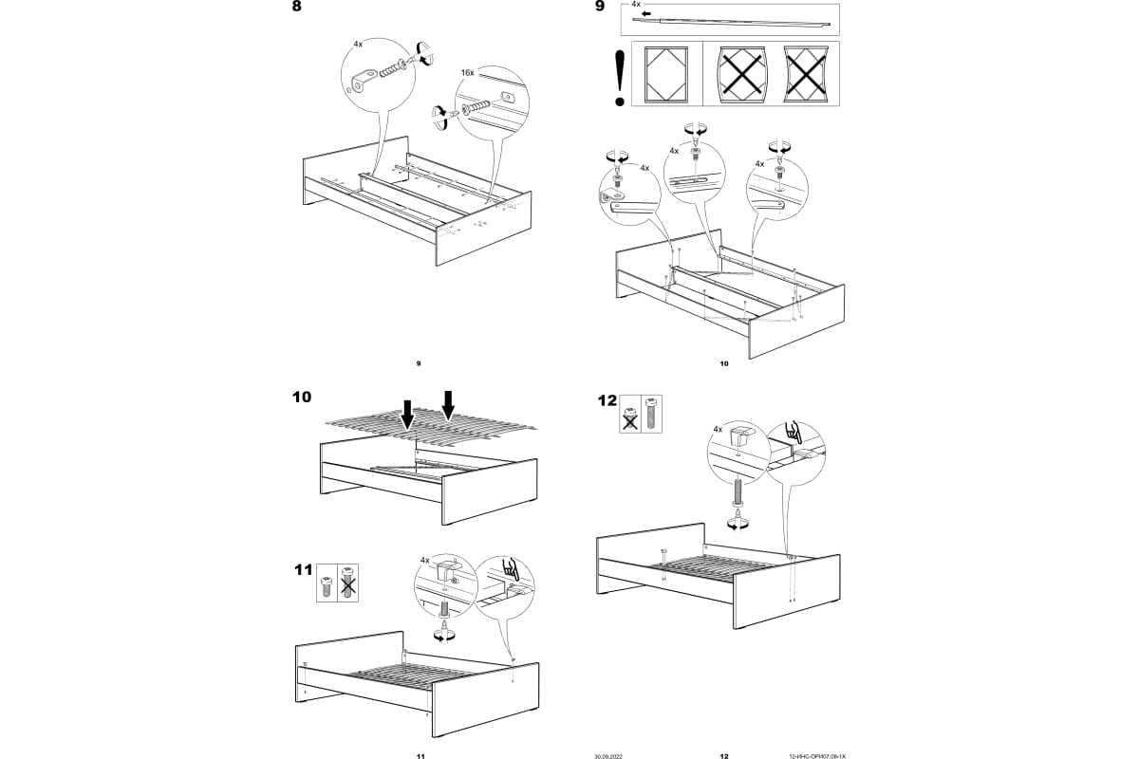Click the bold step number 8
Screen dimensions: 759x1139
point(299,8)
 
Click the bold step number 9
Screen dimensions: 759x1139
point(599,8)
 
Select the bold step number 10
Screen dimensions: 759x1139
point(302,398)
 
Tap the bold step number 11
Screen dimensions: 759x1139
point(303,570)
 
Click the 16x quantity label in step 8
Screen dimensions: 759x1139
point(467,72)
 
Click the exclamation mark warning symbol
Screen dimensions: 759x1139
point(620,76)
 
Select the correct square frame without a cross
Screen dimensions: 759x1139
point(665,73)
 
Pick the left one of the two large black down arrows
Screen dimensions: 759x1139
point(407,414)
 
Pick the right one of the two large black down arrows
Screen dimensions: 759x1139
point(448,403)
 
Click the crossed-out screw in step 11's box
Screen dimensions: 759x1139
point(347,581)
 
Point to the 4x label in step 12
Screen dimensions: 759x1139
point(718,430)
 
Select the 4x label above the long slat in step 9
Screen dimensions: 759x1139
point(637,5)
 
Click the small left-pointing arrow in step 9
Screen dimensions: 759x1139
point(646,15)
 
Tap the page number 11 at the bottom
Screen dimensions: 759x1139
point(420,756)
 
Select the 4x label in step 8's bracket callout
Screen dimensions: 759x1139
point(357,44)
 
